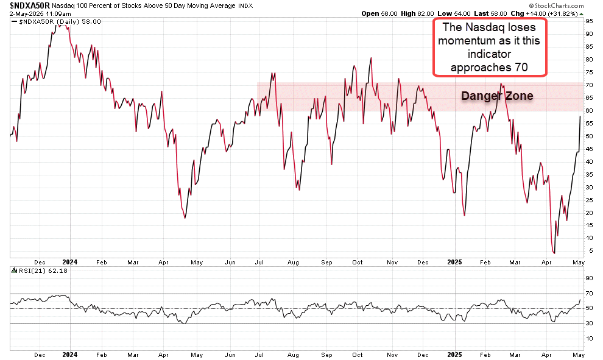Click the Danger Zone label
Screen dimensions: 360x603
[x=497, y=96]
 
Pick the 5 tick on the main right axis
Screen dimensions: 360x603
[x=588, y=251]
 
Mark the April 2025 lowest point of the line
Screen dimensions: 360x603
[x=554, y=253]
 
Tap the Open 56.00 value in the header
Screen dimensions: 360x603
[x=381, y=13]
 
